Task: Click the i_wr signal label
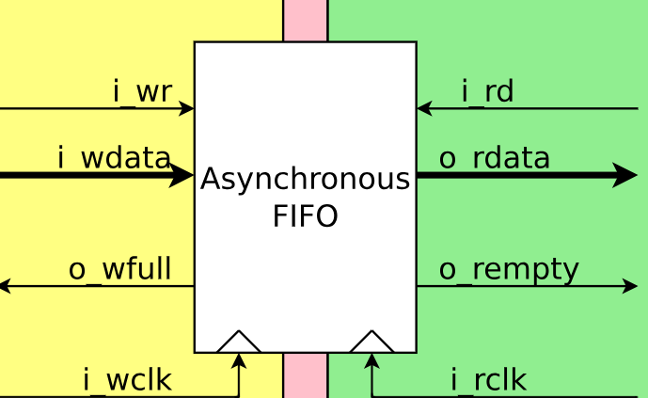(x=141, y=92)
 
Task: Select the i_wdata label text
(x=114, y=158)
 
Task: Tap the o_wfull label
(x=119, y=270)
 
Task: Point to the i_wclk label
(x=127, y=381)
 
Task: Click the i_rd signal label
(x=487, y=92)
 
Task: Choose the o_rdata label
(x=494, y=158)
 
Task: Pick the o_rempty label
(x=509, y=270)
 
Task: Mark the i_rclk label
(x=488, y=381)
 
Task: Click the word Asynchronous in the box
(x=306, y=180)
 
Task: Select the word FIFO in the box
(x=306, y=217)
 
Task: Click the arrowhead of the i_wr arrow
(x=187, y=108)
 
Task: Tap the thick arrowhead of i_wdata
(x=182, y=175)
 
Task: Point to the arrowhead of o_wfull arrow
(x=6, y=286)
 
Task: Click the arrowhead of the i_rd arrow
(x=424, y=108)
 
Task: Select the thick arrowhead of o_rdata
(x=626, y=175)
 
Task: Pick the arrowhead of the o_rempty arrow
(x=631, y=286)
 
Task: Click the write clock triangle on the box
(x=239, y=343)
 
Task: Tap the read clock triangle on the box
(x=371, y=343)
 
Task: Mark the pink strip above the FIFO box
(x=305, y=20)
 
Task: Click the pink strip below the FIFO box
(x=305, y=375)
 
